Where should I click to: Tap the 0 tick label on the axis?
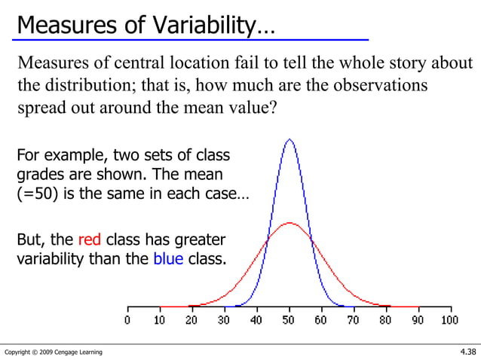[x=127, y=321]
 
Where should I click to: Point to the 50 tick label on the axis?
[x=289, y=321]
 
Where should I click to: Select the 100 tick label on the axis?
[x=449, y=321]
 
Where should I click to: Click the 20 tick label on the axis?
[x=191, y=321]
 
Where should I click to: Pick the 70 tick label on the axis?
[x=354, y=321]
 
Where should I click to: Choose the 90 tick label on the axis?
[x=418, y=321]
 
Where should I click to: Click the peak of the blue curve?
[x=289, y=139]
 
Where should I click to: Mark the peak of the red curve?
[x=289, y=223]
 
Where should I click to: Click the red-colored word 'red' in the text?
[x=90, y=240]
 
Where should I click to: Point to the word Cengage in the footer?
[x=68, y=352]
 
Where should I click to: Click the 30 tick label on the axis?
[x=224, y=321]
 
